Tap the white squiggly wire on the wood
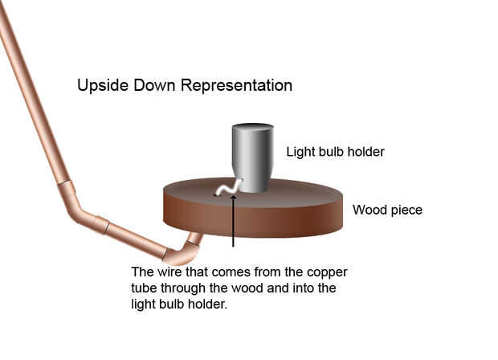[228, 189]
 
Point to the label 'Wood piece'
[388, 211]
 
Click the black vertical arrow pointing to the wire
[233, 221]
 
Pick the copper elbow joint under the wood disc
[182, 251]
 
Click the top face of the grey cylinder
[252, 128]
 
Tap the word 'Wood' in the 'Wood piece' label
[369, 211]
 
